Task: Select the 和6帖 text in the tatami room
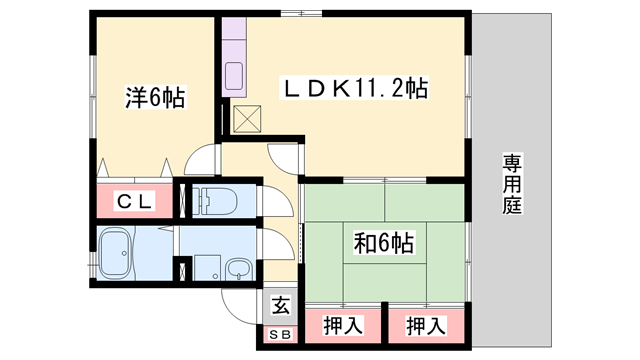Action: pos(385,242)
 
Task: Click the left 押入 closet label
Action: pos(342,325)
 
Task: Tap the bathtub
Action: pos(119,256)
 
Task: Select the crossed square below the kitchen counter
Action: pos(245,119)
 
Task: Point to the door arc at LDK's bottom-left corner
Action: pos(282,157)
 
